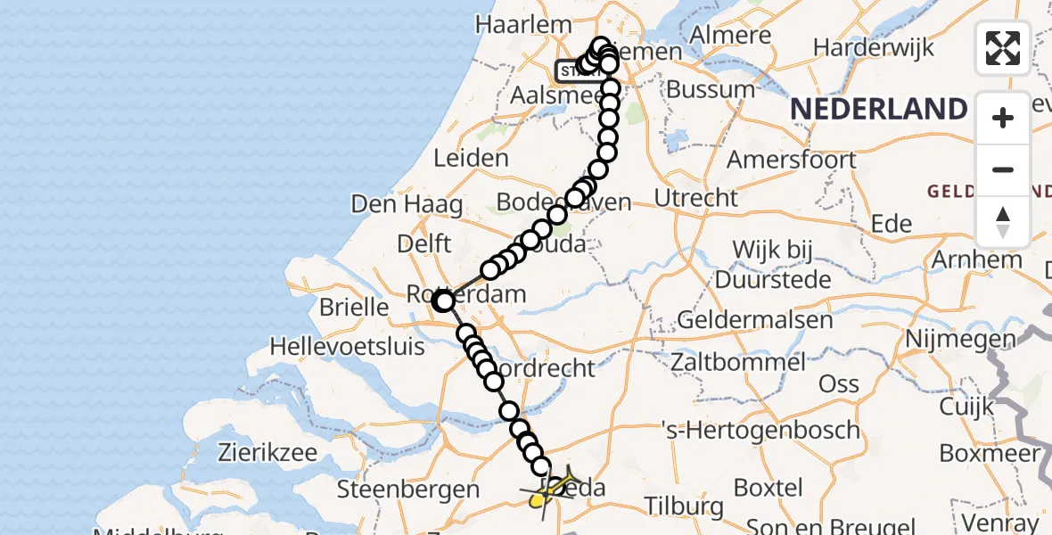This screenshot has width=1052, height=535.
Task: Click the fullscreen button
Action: tap(1003, 47)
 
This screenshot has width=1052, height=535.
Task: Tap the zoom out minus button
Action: tap(1003, 169)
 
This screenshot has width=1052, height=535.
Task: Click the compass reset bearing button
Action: tap(1003, 222)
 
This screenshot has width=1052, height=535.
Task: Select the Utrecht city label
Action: tap(696, 197)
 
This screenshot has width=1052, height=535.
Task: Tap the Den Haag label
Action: tap(407, 204)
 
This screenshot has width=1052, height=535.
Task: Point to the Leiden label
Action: tap(471, 159)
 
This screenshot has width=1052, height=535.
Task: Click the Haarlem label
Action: tap(510, 24)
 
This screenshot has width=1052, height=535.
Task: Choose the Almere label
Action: tap(736, 36)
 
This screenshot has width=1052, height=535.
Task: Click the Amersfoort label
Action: tap(792, 160)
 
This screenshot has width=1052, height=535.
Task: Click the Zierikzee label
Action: tap(267, 452)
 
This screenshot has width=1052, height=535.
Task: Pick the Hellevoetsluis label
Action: tap(348, 346)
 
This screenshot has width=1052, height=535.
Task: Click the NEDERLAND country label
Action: tap(878, 110)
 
